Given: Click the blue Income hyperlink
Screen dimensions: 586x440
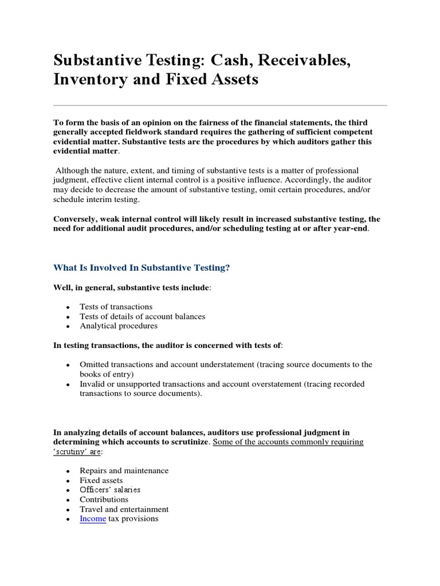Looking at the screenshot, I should pyautogui.click(x=93, y=519).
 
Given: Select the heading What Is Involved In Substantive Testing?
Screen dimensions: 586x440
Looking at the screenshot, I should pyautogui.click(x=141, y=267).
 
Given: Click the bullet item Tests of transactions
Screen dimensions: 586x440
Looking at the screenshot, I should pyautogui.click(x=116, y=307).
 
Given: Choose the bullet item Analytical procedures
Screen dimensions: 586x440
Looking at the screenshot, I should pyautogui.click(x=119, y=326).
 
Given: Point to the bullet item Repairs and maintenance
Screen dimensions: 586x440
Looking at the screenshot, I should pyautogui.click(x=124, y=470).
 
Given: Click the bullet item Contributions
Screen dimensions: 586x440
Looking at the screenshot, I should pyautogui.click(x=104, y=500).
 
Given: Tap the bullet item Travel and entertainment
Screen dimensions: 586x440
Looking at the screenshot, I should pyautogui.click(x=124, y=509).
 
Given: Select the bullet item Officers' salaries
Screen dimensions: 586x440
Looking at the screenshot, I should pyautogui.click(x=110, y=490).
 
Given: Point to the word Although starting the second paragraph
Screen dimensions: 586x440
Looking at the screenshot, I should pyautogui.click(x=75, y=171).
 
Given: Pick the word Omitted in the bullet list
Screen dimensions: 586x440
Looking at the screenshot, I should pyautogui.click(x=95, y=365).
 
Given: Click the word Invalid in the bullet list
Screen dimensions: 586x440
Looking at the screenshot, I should pyautogui.click(x=92, y=384).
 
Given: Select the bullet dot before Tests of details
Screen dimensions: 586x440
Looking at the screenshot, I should pyautogui.click(x=68, y=317).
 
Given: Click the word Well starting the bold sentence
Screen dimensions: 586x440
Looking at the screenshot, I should pyautogui.click(x=63, y=287).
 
